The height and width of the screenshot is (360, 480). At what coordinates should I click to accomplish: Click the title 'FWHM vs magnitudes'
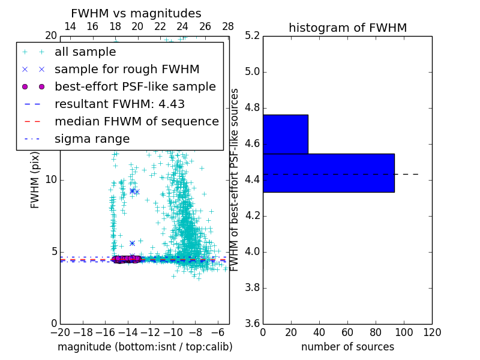[136, 13]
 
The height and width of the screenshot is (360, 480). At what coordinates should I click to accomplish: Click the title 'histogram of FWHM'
[347, 28]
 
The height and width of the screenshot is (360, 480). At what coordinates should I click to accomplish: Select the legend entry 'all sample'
[85, 52]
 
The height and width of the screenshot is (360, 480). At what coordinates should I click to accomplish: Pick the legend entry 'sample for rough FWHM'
[127, 69]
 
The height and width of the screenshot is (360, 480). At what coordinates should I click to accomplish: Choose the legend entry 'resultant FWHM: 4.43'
[119, 104]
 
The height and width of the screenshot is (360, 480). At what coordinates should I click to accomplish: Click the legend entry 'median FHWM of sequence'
[136, 121]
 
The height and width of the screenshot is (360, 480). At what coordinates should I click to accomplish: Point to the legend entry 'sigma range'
[92, 139]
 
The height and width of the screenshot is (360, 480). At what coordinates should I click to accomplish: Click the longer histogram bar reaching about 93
[328, 173]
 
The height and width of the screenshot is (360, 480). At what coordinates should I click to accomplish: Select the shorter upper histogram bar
[285, 134]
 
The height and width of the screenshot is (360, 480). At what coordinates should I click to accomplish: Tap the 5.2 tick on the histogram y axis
[253, 36]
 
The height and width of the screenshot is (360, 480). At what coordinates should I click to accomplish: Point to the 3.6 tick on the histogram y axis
[253, 323]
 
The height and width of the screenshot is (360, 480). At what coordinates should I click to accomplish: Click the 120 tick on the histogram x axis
[432, 331]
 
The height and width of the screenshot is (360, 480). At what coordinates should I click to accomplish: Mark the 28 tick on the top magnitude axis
[228, 26]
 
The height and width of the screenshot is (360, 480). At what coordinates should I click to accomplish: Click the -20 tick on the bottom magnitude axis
[60, 331]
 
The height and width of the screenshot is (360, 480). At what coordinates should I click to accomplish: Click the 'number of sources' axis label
[347, 347]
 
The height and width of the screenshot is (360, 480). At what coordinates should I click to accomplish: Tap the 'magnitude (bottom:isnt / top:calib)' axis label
[145, 347]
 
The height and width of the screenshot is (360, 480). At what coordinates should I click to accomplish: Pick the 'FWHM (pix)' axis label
[35, 180]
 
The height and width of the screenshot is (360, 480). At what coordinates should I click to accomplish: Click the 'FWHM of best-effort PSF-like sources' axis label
[235, 179]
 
